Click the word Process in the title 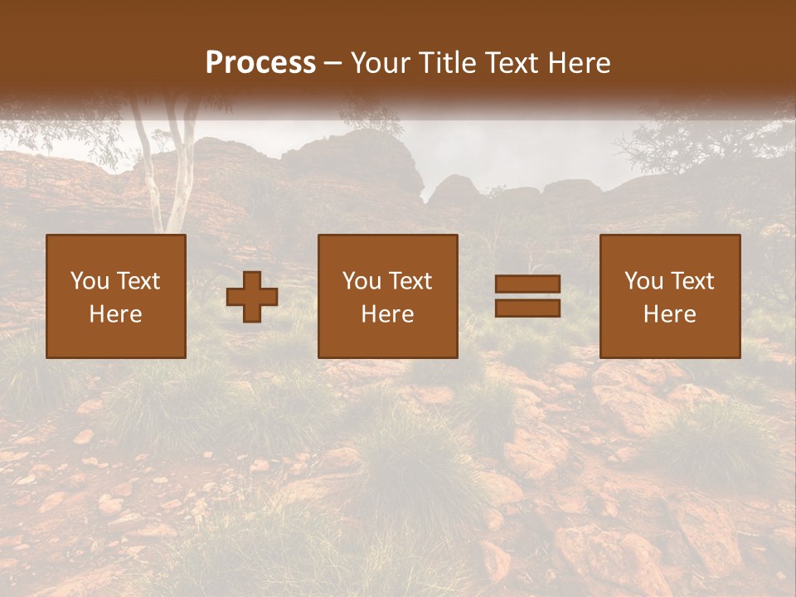[260, 63]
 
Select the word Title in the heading [449, 63]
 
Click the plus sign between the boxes [252, 297]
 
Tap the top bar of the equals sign [527, 284]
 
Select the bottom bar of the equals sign [527, 308]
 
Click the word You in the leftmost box [89, 281]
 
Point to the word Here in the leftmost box [115, 314]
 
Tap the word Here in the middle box [387, 314]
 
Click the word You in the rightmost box [643, 281]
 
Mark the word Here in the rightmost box [669, 314]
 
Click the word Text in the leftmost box [138, 281]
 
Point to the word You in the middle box [361, 281]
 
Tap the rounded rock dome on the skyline [365, 153]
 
